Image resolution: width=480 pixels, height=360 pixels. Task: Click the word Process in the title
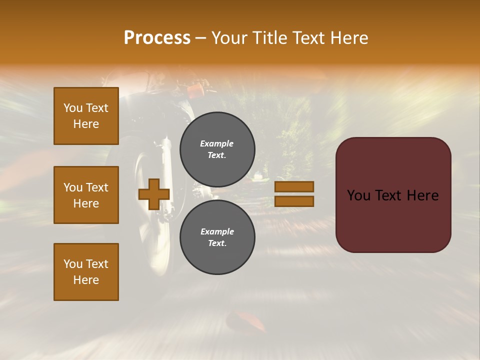pos(157,38)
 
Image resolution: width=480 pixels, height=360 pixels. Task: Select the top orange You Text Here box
pos(86,116)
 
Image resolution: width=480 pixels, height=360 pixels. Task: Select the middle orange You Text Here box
pos(86,195)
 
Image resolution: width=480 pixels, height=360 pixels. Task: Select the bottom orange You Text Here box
pos(86,272)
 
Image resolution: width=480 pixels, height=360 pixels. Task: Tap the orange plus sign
pos(154,194)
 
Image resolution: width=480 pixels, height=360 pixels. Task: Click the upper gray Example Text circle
pos(217,149)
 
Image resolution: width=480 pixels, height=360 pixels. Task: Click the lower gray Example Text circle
pos(217,237)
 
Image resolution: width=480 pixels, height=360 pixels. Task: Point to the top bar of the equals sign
pos(294,186)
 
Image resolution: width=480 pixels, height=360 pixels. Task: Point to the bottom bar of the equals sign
pos(294,201)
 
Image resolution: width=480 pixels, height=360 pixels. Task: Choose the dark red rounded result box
pos(393,194)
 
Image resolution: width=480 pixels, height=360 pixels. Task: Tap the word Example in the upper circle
pos(217,143)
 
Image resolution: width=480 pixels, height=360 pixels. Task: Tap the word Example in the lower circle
pos(217,231)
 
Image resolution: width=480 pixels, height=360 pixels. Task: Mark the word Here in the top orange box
pos(86,124)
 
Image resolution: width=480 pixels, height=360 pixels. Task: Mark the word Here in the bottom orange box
pos(86,280)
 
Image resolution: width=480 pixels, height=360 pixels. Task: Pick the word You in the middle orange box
pos(72,187)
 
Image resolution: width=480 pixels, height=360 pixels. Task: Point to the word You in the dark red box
pos(358,195)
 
